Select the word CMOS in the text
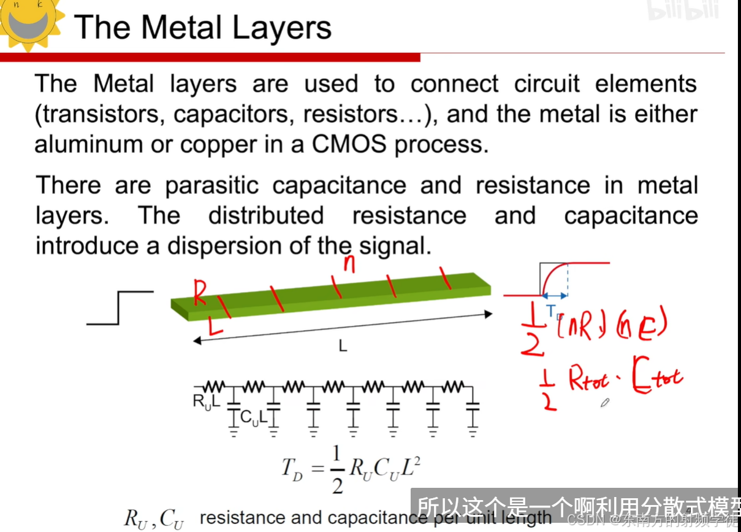coord(351,145)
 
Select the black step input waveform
coord(120,307)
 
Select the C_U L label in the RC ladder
coord(253,418)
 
